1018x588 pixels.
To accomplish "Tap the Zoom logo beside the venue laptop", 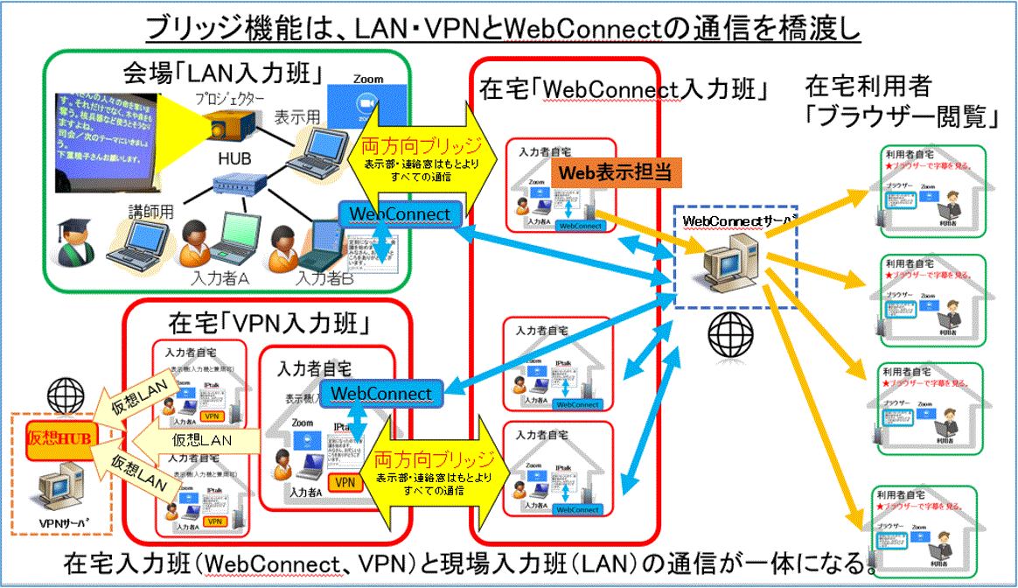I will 368,98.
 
